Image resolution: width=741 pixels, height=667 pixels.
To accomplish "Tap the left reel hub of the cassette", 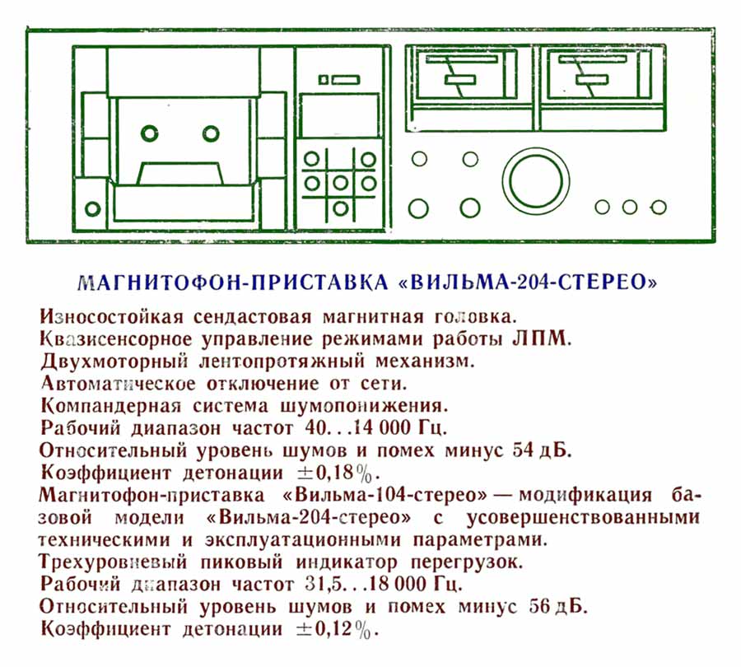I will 150,133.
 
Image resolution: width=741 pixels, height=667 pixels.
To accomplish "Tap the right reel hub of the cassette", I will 212,133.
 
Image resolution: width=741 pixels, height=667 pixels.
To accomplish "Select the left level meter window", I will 458,81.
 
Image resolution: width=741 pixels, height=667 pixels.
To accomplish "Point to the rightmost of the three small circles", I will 657,207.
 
